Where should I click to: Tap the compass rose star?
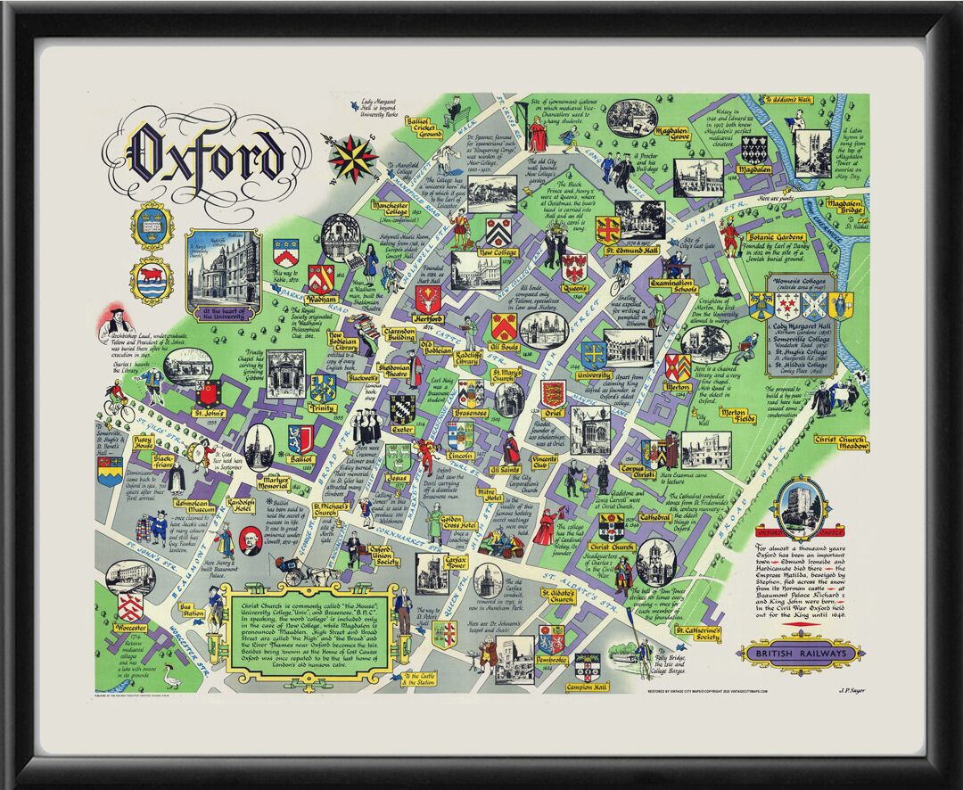(x=353, y=157)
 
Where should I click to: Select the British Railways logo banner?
(x=801, y=654)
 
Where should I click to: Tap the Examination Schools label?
(x=673, y=288)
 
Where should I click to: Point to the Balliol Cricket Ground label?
(x=424, y=128)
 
